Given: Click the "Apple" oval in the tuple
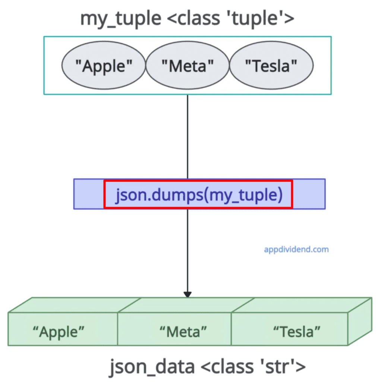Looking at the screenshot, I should (x=103, y=66).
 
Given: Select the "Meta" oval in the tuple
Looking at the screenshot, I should (x=187, y=66).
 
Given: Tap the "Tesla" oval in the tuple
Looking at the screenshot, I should (x=271, y=66).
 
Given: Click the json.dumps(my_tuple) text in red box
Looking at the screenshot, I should (x=198, y=194).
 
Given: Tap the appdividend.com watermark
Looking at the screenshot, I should (x=296, y=249).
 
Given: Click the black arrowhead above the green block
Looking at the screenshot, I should (x=188, y=294).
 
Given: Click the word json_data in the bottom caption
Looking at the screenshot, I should (x=152, y=367).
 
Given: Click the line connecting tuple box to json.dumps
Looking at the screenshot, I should (x=188, y=136).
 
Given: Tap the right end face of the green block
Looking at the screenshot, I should (x=360, y=321).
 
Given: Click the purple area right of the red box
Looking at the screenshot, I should (x=309, y=194).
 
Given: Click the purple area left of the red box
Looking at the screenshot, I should (x=89, y=194).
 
